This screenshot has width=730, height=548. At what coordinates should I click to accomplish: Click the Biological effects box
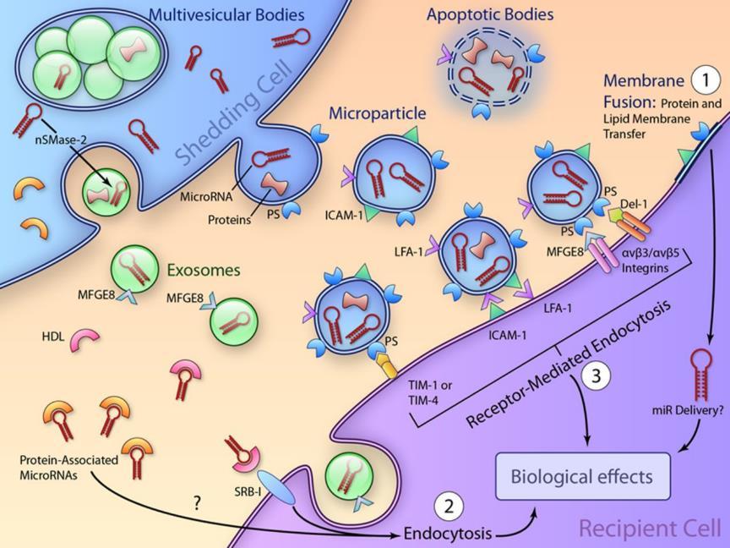point(583,476)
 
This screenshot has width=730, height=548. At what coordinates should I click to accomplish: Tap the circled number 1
point(705,79)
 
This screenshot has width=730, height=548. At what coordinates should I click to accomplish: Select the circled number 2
point(449,507)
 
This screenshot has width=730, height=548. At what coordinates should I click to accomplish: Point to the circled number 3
point(597,375)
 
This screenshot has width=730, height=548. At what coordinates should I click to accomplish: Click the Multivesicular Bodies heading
point(226,14)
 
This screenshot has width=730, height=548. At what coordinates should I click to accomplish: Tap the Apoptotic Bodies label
point(490,14)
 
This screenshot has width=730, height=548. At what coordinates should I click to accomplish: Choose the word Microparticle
point(378,113)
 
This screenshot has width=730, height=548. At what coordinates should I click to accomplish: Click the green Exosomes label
point(204,271)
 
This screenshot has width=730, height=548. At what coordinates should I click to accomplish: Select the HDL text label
point(53,336)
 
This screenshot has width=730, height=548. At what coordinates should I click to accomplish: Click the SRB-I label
point(248,490)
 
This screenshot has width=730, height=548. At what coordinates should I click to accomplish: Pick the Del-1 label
point(634,204)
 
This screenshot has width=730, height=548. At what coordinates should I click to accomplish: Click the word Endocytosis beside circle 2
point(448,533)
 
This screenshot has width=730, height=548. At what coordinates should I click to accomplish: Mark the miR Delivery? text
point(684,409)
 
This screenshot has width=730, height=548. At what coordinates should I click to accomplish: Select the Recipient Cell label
point(650,529)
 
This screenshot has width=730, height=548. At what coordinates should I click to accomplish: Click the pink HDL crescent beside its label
point(84,339)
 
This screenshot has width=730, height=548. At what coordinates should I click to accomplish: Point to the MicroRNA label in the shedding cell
point(206,197)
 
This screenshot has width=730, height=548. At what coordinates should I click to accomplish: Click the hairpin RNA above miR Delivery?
point(700,375)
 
